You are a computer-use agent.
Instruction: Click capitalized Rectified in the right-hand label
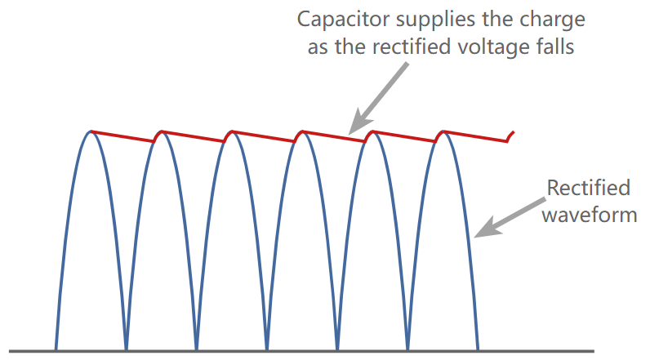(x=588, y=189)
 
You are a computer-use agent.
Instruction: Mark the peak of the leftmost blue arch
(x=91, y=131)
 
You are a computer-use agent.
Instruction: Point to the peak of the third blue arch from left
(x=232, y=131)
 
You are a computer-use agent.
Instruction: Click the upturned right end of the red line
(x=511, y=135)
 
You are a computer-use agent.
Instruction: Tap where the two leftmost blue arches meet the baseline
(x=126, y=349)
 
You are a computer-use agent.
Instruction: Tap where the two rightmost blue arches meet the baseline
(x=407, y=349)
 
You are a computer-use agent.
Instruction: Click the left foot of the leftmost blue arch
(x=56, y=349)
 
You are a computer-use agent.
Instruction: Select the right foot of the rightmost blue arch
(x=478, y=349)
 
